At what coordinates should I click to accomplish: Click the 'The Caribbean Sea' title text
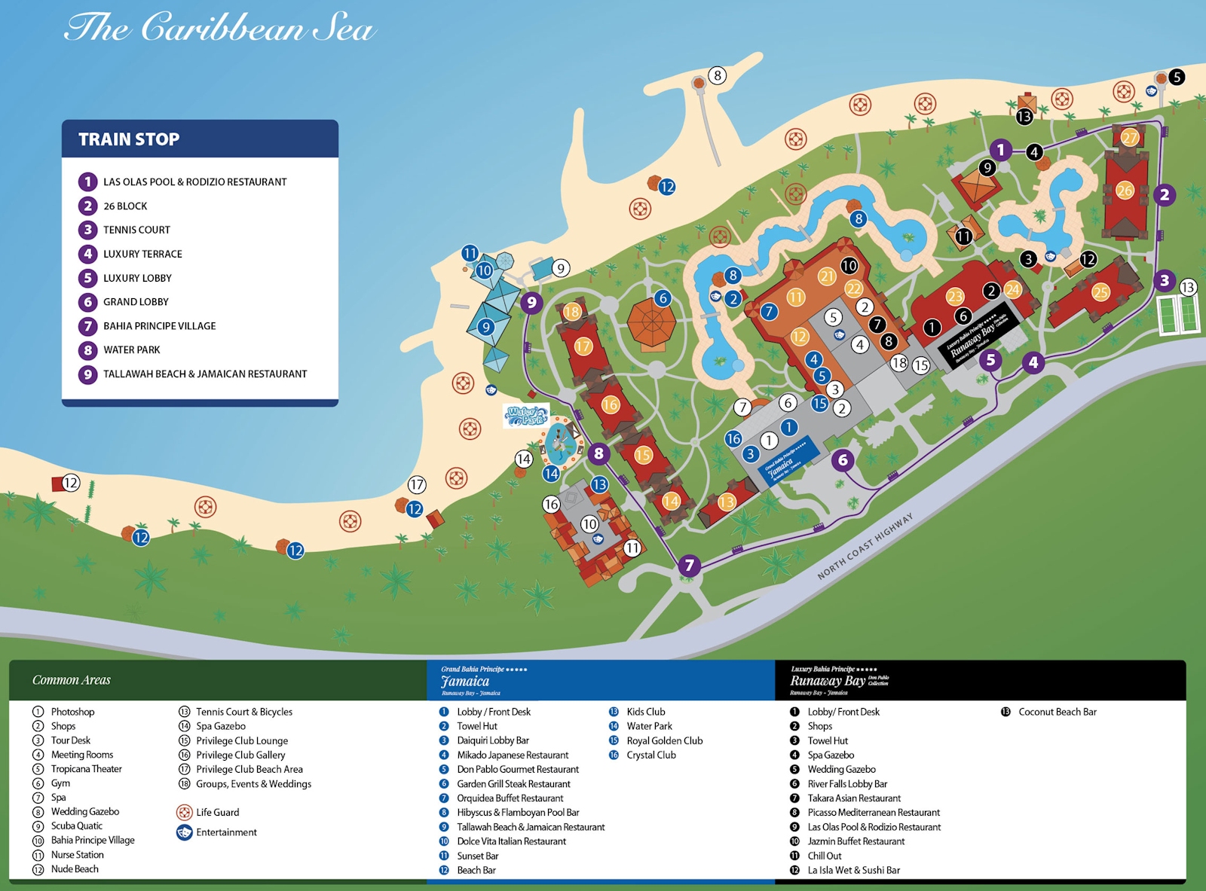pos(219,29)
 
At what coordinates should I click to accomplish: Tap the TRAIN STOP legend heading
pos(129,139)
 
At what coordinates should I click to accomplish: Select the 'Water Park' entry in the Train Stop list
pos(131,350)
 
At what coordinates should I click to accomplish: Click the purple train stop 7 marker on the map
pos(689,566)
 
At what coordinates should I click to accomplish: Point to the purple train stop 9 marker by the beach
pos(531,303)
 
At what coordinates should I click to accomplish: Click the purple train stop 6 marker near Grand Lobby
pos(843,459)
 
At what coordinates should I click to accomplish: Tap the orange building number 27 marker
pos(1129,138)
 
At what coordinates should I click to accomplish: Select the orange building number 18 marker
pos(572,312)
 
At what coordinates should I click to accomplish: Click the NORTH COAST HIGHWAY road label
pos(865,547)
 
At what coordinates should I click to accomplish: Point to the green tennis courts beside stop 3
pos(1177,314)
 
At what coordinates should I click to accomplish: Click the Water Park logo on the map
pos(525,416)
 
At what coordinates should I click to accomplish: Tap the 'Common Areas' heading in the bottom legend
pos(72,680)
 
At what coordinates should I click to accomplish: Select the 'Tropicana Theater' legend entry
pos(86,769)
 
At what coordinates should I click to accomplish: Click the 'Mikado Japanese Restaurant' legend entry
pos(513,755)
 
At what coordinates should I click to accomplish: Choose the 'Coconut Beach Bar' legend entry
pos(1057,712)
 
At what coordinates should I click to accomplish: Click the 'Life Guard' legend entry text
pos(217,813)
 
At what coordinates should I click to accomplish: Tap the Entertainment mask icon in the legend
pos(185,832)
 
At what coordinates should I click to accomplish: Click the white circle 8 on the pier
pos(718,75)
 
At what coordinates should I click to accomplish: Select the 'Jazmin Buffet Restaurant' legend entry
pos(856,841)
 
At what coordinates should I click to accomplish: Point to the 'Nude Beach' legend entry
pos(75,869)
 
